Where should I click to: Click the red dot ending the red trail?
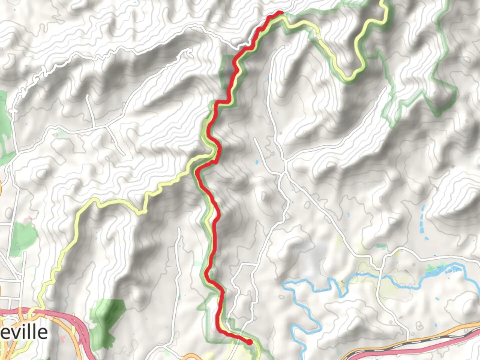pos(249,342)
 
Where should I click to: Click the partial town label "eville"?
pos(24,332)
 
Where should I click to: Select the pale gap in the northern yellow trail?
pos(318,36)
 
